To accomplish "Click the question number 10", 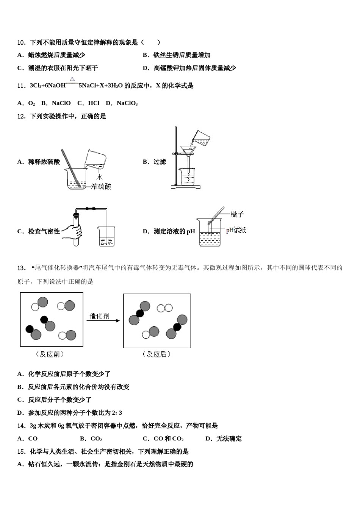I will click(21, 42).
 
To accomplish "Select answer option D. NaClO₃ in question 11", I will click(122, 103).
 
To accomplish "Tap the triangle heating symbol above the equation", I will click(72, 80).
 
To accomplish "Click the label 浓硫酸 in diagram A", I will click(102, 186).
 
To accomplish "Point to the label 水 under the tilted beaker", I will click(99, 177).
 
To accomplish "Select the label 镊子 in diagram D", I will click(237, 214).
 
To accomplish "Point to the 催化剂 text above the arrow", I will click(100, 315).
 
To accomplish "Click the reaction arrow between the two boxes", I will click(103, 321).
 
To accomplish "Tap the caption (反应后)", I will click(157, 354).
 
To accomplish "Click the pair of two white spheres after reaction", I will click(165, 308).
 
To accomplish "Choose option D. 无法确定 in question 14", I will click(224, 439).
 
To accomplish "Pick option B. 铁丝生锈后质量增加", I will click(177, 55).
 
